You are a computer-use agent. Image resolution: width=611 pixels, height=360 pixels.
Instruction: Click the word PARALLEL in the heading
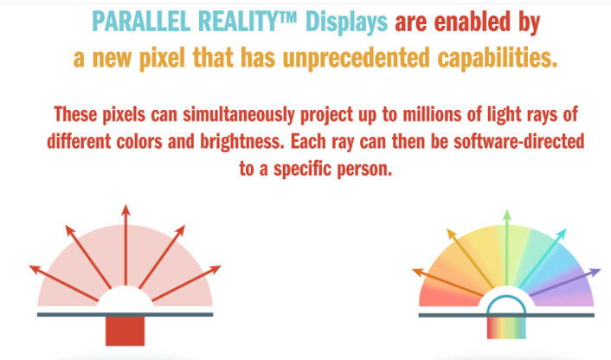(x=141, y=22)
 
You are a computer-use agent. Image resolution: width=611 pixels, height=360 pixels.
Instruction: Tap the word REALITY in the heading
(x=242, y=22)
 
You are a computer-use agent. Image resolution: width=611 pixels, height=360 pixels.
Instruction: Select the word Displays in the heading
(x=346, y=23)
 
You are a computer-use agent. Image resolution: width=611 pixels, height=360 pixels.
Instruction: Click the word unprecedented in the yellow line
(x=356, y=59)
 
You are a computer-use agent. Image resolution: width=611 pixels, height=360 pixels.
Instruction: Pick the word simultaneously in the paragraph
(x=239, y=115)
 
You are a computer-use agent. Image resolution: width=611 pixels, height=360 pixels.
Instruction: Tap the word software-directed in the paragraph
(x=519, y=141)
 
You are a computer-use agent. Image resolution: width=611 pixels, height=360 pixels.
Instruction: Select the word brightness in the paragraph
(x=242, y=142)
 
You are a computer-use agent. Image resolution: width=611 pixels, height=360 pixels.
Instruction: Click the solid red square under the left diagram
(x=125, y=331)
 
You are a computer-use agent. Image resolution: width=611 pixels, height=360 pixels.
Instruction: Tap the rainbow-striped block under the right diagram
(x=506, y=327)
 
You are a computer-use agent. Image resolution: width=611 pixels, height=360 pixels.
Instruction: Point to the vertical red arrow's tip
(x=125, y=205)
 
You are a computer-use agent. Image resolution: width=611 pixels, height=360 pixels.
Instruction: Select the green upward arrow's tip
(x=506, y=210)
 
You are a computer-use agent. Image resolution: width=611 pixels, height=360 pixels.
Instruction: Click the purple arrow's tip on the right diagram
(x=601, y=269)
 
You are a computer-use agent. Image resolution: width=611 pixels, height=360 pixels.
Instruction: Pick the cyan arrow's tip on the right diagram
(x=566, y=230)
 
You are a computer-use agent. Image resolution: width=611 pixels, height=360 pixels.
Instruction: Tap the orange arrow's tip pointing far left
(x=412, y=270)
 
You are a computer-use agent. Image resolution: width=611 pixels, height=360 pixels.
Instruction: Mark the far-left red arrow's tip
(x=29, y=267)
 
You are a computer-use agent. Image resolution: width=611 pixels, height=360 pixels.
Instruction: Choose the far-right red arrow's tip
(x=221, y=267)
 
